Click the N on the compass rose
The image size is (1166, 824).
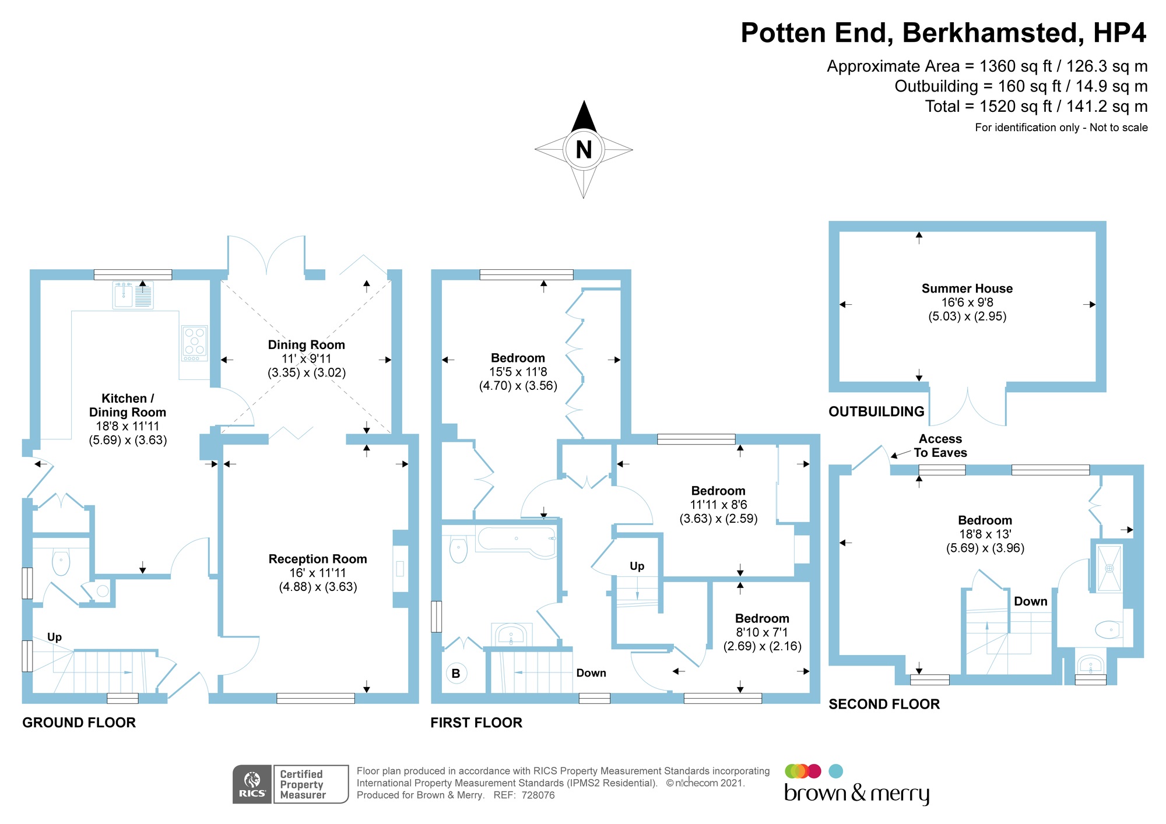(584, 150)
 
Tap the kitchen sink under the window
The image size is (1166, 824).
(133, 295)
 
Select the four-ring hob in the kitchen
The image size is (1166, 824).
(195, 341)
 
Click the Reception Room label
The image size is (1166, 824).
(318, 559)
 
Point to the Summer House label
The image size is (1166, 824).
(967, 288)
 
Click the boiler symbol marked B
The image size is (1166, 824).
(456, 673)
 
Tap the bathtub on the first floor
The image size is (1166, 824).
(517, 541)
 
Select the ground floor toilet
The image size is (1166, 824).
(61, 562)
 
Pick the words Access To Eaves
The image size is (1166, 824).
(940, 446)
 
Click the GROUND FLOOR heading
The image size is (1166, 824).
(79, 723)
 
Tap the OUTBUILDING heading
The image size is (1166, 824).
(876, 411)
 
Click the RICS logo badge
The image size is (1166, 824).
(252, 784)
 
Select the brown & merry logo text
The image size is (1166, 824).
(856, 794)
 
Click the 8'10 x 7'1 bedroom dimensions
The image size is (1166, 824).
(762, 632)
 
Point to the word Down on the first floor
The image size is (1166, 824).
(591, 673)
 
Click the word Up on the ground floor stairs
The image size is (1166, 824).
(54, 637)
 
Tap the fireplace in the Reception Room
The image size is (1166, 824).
(400, 568)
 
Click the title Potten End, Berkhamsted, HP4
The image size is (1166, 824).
(943, 33)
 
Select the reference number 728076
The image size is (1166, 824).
(538, 795)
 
